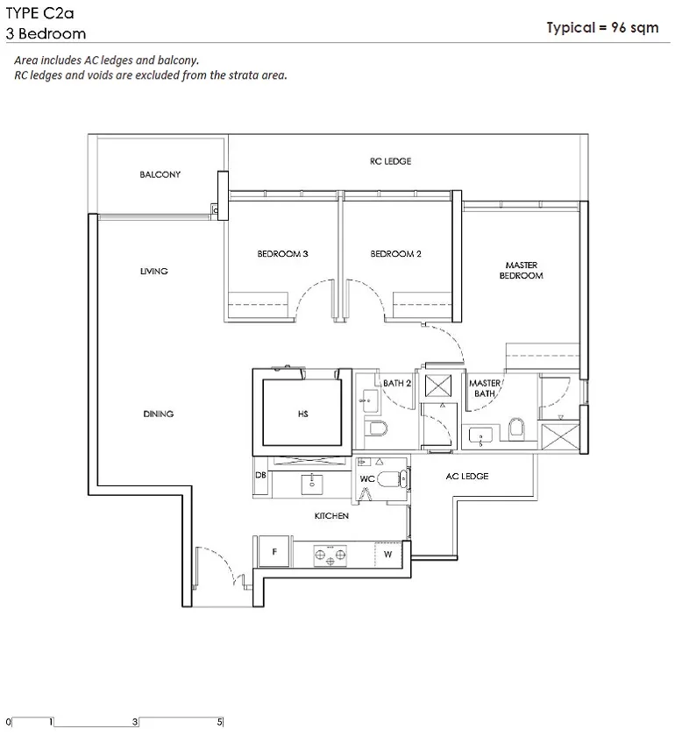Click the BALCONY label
point(160,174)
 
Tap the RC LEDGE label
point(390,161)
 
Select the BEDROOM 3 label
point(282,254)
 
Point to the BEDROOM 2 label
point(395,254)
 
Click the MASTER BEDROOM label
point(522,271)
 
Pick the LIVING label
point(153,272)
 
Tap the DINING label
point(159,414)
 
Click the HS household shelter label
point(303,414)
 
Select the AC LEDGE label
point(467,477)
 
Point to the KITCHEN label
point(331,516)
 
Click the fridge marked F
point(274,552)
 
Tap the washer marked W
point(388,555)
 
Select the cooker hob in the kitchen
point(330,556)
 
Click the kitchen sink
point(311,484)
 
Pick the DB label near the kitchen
point(260,475)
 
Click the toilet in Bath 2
point(376,428)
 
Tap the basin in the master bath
point(480,436)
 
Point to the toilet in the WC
point(392,479)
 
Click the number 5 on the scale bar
point(219,722)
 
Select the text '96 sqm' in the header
point(635,28)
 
